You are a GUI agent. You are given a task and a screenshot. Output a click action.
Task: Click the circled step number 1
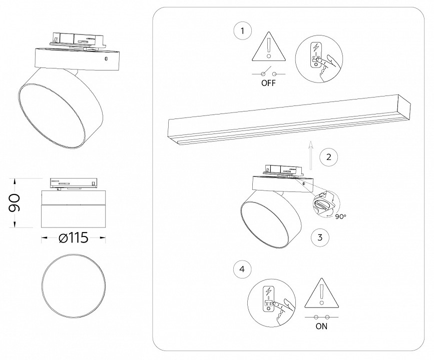(243, 31)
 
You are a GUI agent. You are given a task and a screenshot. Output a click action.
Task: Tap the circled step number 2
(328, 156)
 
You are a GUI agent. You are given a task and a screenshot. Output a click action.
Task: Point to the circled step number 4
(243, 269)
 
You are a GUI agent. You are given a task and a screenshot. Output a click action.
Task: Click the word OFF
(268, 83)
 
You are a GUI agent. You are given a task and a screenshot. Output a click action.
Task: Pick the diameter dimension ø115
(73, 238)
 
